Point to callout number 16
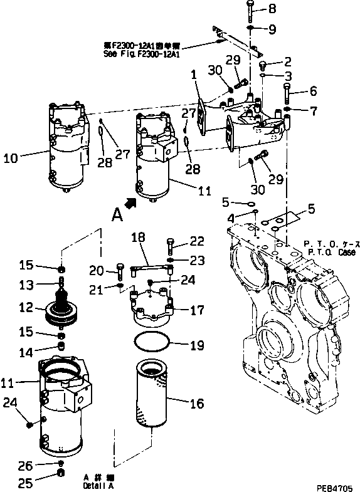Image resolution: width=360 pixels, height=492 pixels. click(x=198, y=404)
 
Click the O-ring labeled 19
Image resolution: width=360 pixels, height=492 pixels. click(x=152, y=343)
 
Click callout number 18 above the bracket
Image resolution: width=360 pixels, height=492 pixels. click(x=138, y=238)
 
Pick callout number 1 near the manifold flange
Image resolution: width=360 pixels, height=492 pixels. click(x=194, y=75)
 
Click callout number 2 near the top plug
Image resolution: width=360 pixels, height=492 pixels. click(x=288, y=61)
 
